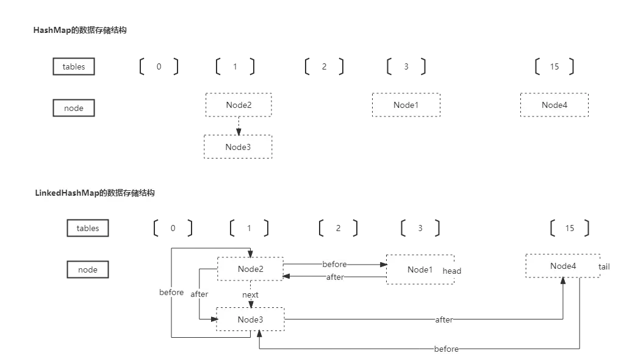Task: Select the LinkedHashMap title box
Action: [94, 193]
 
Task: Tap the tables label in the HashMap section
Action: [74, 66]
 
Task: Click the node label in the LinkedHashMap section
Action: [87, 269]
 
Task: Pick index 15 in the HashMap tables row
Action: [554, 66]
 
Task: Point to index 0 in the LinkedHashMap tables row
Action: [173, 228]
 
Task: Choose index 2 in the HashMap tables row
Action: [324, 66]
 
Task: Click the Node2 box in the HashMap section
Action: [239, 105]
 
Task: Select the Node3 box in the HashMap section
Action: [238, 147]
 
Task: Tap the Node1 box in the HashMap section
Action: [406, 105]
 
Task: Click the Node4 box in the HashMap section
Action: [554, 105]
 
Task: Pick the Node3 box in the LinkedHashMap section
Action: [250, 319]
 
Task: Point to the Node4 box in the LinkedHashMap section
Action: [562, 266]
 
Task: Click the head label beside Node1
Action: [452, 271]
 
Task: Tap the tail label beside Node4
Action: [605, 266]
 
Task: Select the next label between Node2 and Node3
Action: [250, 295]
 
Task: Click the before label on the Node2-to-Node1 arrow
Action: [334, 264]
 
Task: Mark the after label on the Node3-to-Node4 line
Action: [443, 319]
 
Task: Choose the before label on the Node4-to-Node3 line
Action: [446, 349]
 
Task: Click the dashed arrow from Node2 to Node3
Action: [239, 126]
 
